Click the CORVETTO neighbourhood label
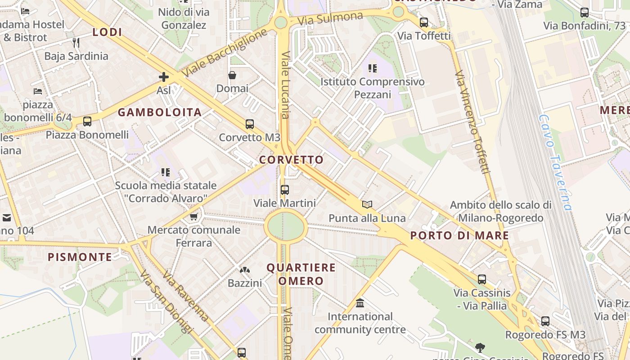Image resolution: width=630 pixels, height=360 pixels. coord(291,160)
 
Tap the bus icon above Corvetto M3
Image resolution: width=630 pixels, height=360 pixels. coord(249,124)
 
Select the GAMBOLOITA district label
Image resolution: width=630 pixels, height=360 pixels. coord(159,112)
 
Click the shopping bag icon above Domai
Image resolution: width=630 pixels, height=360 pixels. coord(232,75)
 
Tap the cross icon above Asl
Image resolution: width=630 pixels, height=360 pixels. coord(164,77)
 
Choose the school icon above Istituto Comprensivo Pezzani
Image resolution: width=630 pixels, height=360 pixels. coord(372,68)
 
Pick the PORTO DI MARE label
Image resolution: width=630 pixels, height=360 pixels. coord(459,235)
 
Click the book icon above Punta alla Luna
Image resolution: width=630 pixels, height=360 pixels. coord(367,205)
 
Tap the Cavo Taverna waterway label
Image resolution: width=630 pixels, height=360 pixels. coord(555,162)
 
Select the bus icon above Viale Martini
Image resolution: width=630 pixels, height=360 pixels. coord(284,190)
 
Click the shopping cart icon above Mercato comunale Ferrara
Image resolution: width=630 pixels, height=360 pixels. coord(194,217)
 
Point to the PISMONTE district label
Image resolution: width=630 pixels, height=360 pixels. coord(80,257)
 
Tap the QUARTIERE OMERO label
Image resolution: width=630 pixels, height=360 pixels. coord(301,274)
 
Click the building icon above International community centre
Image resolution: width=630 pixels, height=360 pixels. coord(360,303)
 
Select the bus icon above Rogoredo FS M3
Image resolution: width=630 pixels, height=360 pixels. coord(545,321)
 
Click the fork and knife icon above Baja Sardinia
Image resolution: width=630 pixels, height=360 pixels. coord(76,43)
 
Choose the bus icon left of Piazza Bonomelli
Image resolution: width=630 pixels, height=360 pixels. coord(87,121)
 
